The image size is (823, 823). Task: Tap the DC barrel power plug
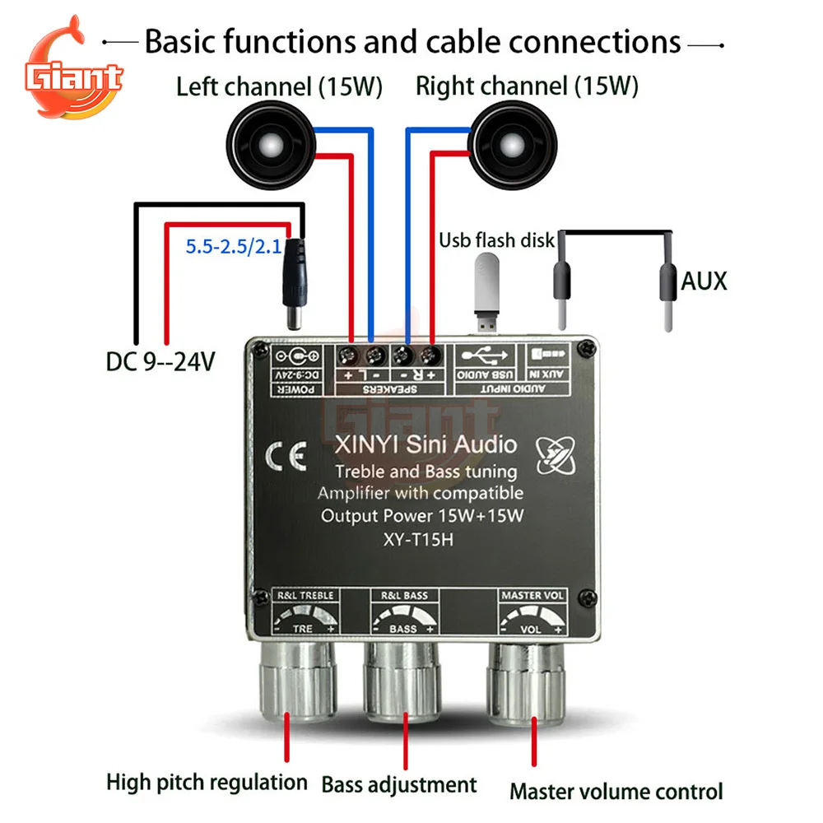tap(293, 280)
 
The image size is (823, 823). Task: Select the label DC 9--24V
tap(160, 360)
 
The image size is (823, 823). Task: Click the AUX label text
tap(704, 281)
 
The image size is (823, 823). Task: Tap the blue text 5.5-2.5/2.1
tap(232, 244)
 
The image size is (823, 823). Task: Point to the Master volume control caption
tap(616, 792)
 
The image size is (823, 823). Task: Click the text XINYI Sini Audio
tap(425, 445)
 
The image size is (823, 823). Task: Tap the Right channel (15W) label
tap(527, 85)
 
